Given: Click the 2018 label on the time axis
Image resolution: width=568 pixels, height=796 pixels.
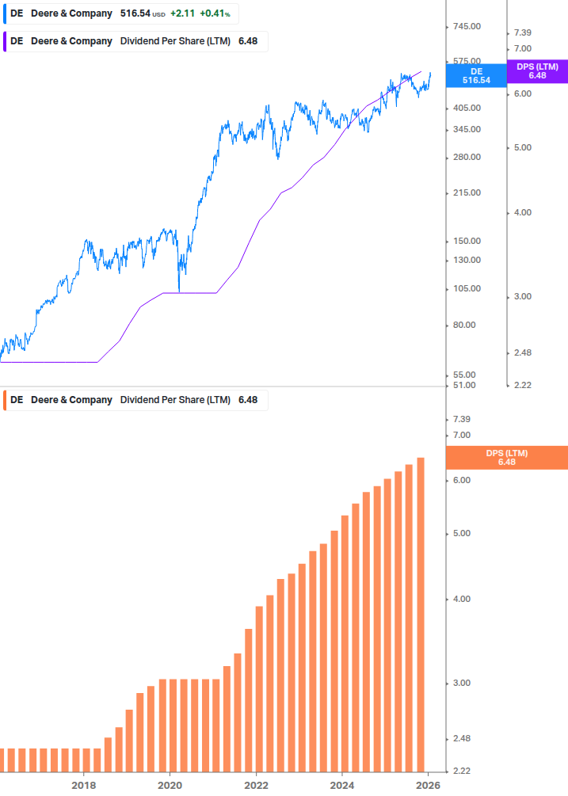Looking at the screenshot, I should [x=83, y=785].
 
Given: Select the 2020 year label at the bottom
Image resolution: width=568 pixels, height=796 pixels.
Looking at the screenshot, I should [x=170, y=785].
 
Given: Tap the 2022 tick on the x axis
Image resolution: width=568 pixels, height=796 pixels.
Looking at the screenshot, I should [x=256, y=785].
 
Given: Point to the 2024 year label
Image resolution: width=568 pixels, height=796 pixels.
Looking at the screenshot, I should [x=342, y=785].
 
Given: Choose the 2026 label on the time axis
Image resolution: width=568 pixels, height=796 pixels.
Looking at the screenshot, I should [x=428, y=785].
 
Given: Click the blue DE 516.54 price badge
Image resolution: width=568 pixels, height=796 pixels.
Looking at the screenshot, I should [x=476, y=75].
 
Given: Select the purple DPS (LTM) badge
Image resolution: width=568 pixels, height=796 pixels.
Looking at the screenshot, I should [x=537, y=71].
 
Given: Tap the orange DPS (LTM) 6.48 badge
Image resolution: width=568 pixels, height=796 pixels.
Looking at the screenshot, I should [x=507, y=457].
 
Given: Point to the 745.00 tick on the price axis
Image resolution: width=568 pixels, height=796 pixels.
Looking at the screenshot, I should [x=467, y=27].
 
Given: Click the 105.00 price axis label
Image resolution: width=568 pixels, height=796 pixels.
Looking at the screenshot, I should [x=467, y=288].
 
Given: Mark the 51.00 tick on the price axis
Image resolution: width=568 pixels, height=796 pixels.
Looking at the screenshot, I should [x=467, y=385].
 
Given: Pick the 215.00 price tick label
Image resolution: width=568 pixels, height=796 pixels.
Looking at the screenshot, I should [x=467, y=192].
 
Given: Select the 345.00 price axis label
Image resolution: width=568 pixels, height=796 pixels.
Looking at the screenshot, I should [x=467, y=129].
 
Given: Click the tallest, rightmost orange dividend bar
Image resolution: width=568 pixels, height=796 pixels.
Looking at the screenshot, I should [x=421, y=614].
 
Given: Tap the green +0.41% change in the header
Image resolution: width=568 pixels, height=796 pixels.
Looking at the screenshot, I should [x=215, y=13].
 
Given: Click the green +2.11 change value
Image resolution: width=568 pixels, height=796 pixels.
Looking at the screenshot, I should [x=182, y=13].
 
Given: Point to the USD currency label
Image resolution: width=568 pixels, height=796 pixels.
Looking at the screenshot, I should [x=159, y=14].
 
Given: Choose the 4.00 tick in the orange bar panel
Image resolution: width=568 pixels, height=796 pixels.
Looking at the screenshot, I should [x=460, y=599].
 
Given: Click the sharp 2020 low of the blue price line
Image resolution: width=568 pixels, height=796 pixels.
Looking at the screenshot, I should [x=179, y=291].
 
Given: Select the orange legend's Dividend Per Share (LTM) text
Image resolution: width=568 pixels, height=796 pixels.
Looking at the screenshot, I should [x=175, y=400].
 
